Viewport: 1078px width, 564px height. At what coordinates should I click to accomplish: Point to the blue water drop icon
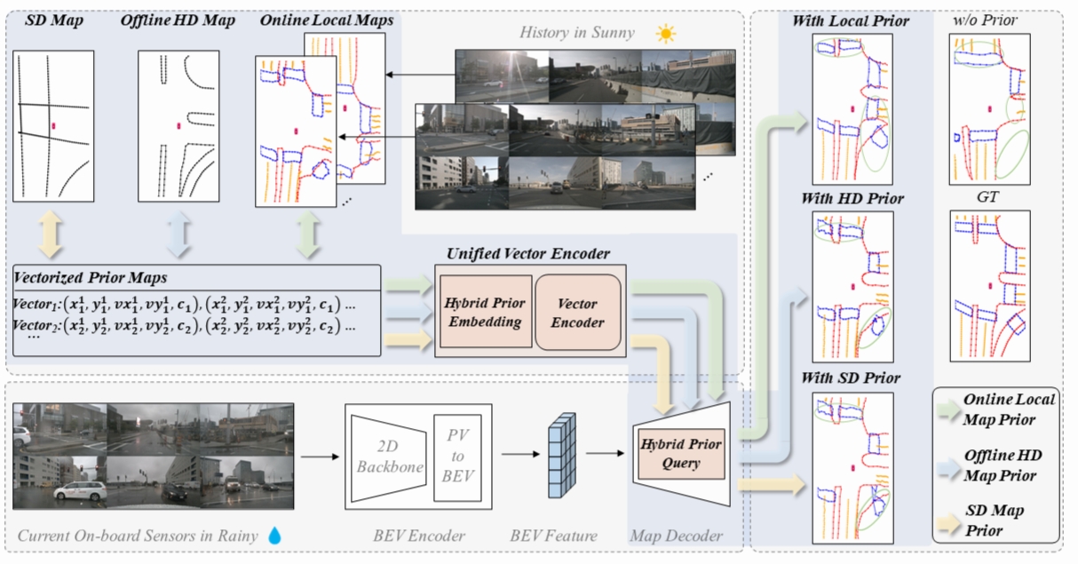pyautogui.click(x=274, y=536)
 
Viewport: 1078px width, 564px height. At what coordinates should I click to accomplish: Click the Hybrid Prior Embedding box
pyautogui.click(x=482, y=313)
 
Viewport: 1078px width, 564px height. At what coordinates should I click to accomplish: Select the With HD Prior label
pyautogui.click(x=852, y=199)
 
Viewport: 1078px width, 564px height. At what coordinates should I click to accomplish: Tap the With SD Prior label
pyautogui.click(x=850, y=378)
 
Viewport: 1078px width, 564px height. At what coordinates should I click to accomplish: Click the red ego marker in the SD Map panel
pyautogui.click(x=53, y=127)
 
